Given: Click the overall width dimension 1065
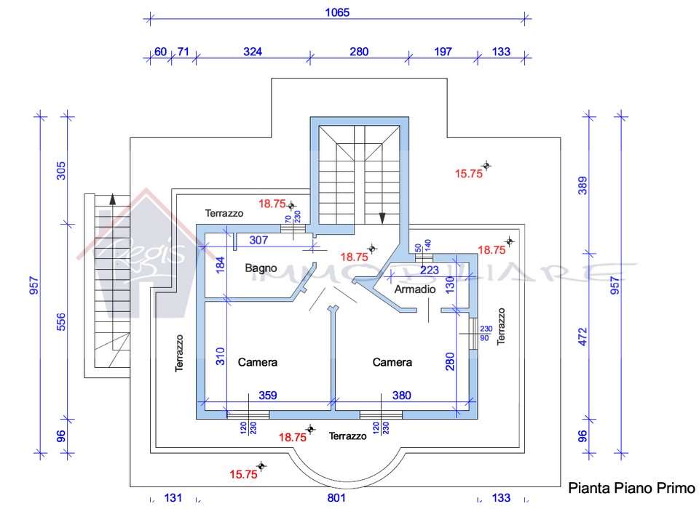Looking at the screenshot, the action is coord(337,12).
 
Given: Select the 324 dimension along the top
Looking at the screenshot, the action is coord(253,52).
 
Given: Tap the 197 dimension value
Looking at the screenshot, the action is coord(443,52).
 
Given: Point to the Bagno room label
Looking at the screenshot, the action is coord(261,268).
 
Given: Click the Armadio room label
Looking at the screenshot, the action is coord(415,289).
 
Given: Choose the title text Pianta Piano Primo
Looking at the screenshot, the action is coord(631,488).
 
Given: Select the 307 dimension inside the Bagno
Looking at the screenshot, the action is coord(258,240).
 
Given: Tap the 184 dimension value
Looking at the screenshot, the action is coord(220,265).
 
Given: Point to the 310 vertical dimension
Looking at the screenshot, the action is coord(220,356).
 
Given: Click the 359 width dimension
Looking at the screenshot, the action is coord(268,396).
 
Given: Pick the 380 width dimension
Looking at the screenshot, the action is coord(402,396).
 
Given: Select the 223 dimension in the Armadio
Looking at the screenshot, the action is coord(430,270).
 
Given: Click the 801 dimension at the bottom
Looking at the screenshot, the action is coord(336,497).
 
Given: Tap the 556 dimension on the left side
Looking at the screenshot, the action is coord(61,321).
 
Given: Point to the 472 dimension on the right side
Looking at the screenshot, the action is coord(582,337).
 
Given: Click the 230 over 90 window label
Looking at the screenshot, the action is coord(486,333).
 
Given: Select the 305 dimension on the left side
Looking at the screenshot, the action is coord(61,171).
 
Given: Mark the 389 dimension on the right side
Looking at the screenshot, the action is coord(582,185).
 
